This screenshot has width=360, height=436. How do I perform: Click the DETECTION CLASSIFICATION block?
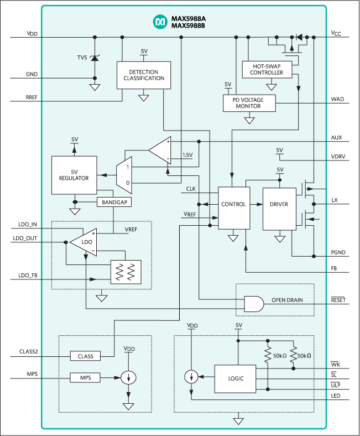143,75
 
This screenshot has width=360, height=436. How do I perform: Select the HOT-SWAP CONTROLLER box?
266,69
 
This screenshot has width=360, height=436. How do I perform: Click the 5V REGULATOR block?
74,175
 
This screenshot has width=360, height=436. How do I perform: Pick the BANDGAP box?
114,203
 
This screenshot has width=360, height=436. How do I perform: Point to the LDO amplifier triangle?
85,242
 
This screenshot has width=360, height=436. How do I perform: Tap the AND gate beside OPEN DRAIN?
253,303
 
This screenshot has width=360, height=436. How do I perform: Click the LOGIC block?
236,379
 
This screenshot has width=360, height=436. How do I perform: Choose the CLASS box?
85,356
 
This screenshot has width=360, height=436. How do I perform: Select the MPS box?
85,378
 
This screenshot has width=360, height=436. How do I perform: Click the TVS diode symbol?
95,58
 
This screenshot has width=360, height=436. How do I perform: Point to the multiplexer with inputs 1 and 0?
123,174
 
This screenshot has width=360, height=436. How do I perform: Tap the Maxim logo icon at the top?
159,22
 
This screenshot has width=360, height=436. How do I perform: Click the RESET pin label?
338,299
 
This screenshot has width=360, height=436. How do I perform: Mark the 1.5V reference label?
187,155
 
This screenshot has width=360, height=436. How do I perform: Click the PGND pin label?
338,253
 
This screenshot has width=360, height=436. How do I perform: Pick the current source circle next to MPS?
128,378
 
